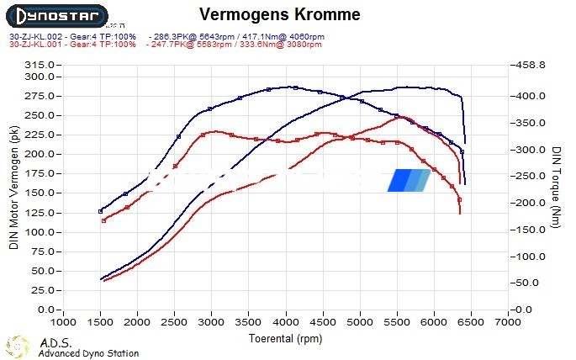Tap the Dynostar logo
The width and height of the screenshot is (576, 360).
[x=59, y=16]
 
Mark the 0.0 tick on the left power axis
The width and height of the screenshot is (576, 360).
[x=45, y=310]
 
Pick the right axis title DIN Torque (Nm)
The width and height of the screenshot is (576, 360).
[x=557, y=187]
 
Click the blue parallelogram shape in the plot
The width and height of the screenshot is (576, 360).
[x=409, y=180]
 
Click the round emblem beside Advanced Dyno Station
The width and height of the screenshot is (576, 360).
[x=18, y=346]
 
